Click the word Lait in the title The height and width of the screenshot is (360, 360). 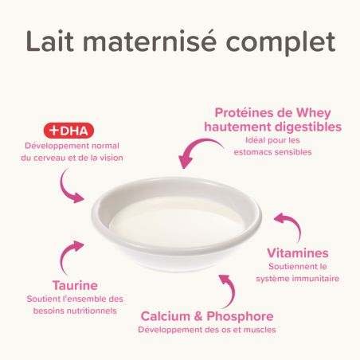(x=50, y=41)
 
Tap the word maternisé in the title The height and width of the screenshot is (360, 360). (x=150, y=41)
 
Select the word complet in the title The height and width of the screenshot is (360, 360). (x=280, y=44)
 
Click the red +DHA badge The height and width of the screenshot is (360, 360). (x=68, y=131)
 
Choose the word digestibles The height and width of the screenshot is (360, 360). (x=308, y=127)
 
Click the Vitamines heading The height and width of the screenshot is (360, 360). (x=298, y=253)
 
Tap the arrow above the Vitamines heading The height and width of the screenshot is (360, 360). (x=293, y=223)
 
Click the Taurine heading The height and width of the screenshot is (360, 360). (x=75, y=285)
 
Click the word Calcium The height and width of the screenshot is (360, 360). (x=166, y=316)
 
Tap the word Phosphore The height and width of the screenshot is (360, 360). (x=240, y=317)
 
